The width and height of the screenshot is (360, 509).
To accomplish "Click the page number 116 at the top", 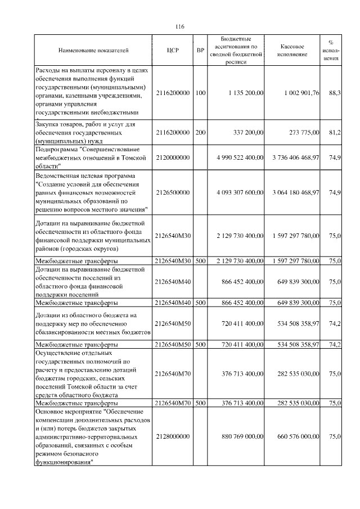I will point(180,27).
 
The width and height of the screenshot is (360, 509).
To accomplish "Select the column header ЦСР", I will point(173,51).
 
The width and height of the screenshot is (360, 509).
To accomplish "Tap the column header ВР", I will point(200,51).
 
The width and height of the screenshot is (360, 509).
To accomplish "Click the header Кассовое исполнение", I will point(292,51).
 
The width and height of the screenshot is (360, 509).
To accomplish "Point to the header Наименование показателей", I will point(93,51).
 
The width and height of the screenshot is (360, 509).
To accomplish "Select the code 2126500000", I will point(173,192).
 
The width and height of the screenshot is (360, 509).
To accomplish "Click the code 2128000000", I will point(173,435).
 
